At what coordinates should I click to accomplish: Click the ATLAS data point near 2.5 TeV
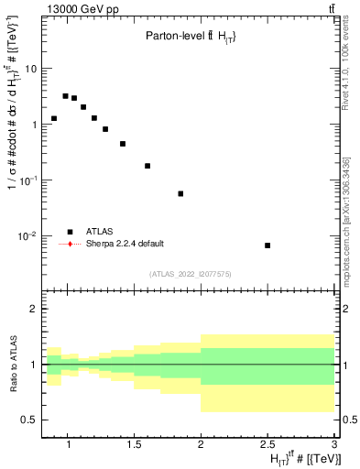(267, 245)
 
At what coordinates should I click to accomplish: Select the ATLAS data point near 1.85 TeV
(180, 193)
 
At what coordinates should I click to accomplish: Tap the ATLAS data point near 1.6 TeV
(147, 166)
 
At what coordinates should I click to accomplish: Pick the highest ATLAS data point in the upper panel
(65, 95)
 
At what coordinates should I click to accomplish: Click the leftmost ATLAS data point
(54, 118)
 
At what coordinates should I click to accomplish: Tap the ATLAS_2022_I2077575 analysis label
(191, 273)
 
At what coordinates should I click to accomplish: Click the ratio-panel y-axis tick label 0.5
(30, 420)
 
